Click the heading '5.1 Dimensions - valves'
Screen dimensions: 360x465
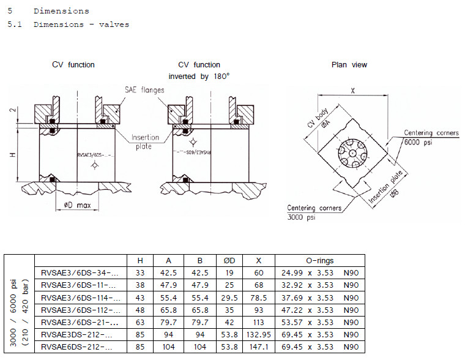tap(68, 24)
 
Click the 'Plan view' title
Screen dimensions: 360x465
tap(349, 64)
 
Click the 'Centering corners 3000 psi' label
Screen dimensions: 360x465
tap(314, 212)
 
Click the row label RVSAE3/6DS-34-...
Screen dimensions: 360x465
tap(80, 273)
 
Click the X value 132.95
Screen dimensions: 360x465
tap(259, 335)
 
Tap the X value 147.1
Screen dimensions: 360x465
tap(259, 347)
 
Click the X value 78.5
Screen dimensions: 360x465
tap(259, 298)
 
